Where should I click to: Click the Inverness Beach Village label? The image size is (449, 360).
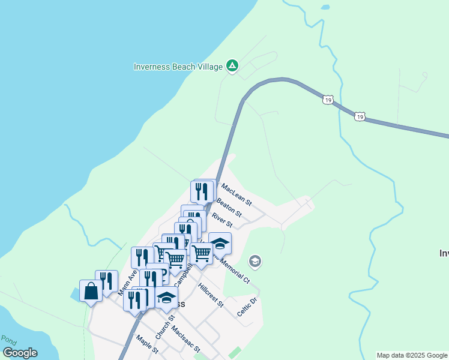coord(178,66)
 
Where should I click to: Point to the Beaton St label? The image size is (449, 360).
coord(229,208)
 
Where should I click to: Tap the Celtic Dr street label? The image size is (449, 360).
coord(247,308)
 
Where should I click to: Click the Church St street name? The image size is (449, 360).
coord(164,326)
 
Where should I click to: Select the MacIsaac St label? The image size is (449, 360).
coord(185,339)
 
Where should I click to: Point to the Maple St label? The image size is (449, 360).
coord(146,344)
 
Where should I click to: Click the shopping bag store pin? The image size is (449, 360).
coord(91,291)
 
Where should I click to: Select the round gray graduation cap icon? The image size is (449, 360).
coord(255,262)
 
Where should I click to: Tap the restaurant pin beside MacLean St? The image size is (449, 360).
coord(202,191)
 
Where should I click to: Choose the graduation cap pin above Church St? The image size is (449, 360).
coord(167,297)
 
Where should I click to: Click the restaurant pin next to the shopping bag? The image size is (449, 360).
coord(107,281)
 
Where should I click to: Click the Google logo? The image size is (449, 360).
coord(20,353)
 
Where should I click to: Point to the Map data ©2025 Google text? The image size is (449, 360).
coord(412,355)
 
